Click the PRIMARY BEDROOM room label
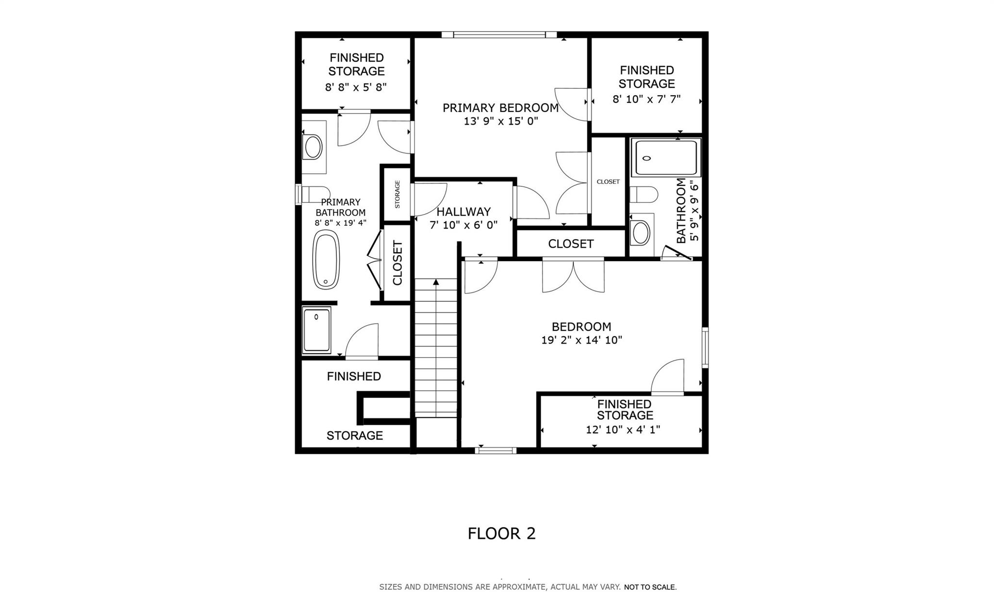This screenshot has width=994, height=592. click(500, 108)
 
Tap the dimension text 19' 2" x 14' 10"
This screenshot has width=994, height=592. click(581, 340)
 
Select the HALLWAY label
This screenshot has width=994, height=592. click(464, 212)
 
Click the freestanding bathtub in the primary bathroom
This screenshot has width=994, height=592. click(326, 260)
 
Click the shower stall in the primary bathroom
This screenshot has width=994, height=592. click(316, 330)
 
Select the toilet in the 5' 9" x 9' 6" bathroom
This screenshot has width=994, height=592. click(644, 195)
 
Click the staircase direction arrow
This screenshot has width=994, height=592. click(436, 282)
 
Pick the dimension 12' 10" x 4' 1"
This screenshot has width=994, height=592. click(623, 430)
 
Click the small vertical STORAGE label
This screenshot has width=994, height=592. click(398, 194)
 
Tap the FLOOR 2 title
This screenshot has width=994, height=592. click(501, 533)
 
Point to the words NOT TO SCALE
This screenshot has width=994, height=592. click(650, 587)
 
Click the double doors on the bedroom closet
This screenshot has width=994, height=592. click(573, 277)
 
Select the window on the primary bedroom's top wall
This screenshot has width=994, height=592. click(499, 34)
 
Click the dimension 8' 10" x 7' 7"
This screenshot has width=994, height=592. click(646, 99)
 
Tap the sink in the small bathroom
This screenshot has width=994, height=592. click(641, 232)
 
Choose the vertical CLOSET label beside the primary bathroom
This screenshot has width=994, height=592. click(398, 263)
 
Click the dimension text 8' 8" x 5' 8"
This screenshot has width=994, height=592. click(356, 87)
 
